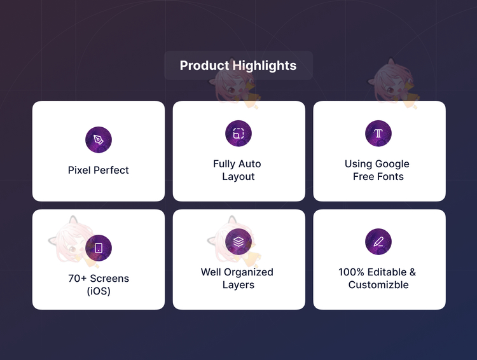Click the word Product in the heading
click(x=204, y=66)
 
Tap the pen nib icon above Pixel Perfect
click(x=98, y=140)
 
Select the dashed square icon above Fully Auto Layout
click(x=238, y=134)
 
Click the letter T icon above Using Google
click(x=378, y=134)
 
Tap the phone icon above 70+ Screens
click(x=98, y=248)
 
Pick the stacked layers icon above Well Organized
click(x=238, y=242)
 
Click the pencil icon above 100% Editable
click(x=378, y=242)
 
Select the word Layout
click(x=238, y=177)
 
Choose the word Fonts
click(x=391, y=176)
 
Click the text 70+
click(x=78, y=279)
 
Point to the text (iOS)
click(x=99, y=291)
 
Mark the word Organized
click(x=249, y=272)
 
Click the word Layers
click(x=238, y=285)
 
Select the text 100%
click(x=351, y=272)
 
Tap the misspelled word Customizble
click(x=378, y=285)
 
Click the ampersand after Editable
click(x=413, y=272)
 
